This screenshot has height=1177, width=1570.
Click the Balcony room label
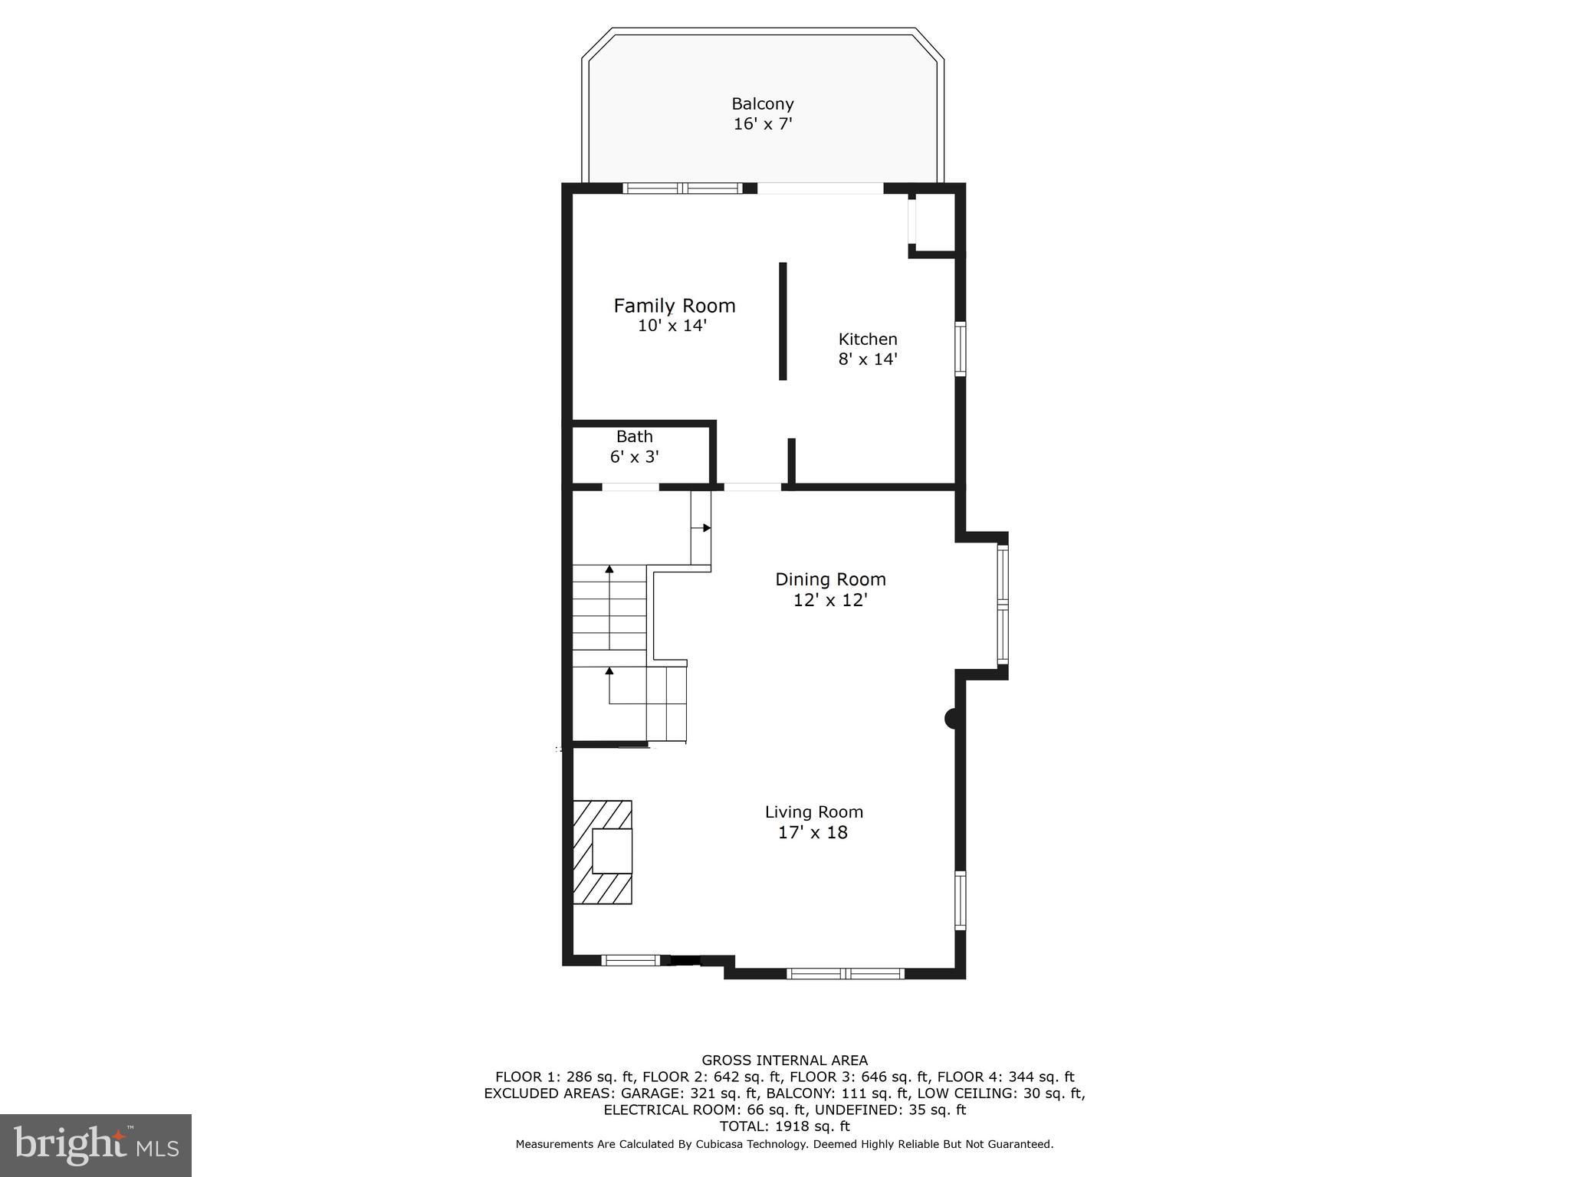(x=762, y=103)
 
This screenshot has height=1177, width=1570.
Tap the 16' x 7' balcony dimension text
(x=762, y=124)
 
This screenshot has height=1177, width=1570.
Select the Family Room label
(x=674, y=306)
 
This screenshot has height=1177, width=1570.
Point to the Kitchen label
(x=867, y=339)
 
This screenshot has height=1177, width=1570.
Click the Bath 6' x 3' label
(x=635, y=447)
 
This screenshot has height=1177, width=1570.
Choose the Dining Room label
(x=830, y=579)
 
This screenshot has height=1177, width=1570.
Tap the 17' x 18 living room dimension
(x=813, y=833)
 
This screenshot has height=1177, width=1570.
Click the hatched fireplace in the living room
(x=603, y=852)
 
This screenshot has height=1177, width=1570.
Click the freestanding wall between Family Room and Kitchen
(x=783, y=321)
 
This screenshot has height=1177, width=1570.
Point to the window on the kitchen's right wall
(x=960, y=349)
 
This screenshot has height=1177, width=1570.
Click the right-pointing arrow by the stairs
(x=705, y=528)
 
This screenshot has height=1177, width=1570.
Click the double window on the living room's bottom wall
(x=846, y=974)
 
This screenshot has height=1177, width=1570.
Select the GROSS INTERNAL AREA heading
(x=784, y=1061)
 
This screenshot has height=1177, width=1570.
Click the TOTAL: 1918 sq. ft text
(x=784, y=1126)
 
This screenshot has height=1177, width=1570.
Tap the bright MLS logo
(x=96, y=1145)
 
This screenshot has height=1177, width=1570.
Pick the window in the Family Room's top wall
(x=682, y=189)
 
